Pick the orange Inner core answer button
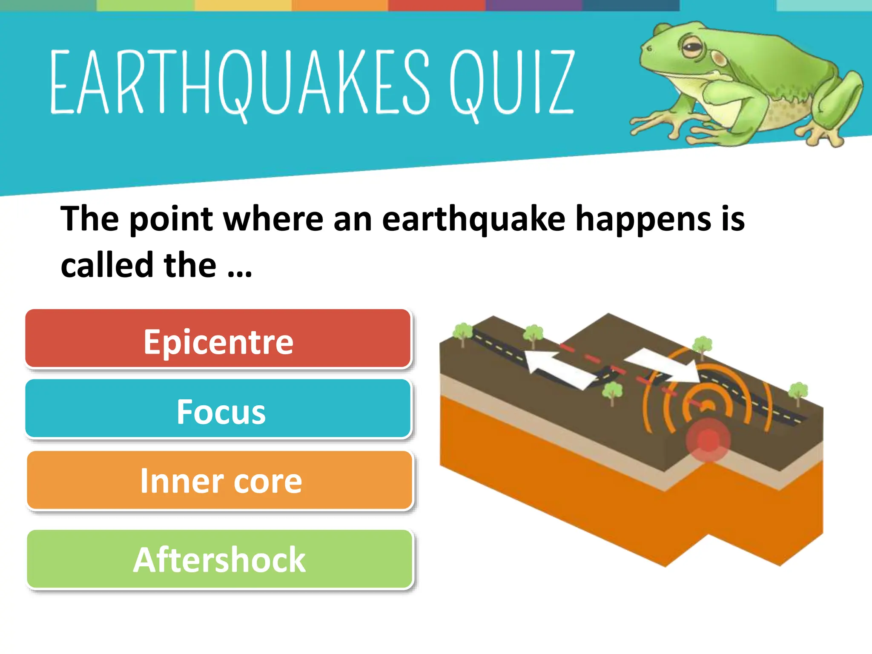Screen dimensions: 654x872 click(x=220, y=480)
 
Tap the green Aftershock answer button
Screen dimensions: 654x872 click(x=220, y=559)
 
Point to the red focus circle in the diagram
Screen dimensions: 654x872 click(x=708, y=440)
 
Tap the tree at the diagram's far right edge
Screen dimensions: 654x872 click(x=798, y=392)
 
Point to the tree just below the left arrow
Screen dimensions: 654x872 click(x=612, y=392)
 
